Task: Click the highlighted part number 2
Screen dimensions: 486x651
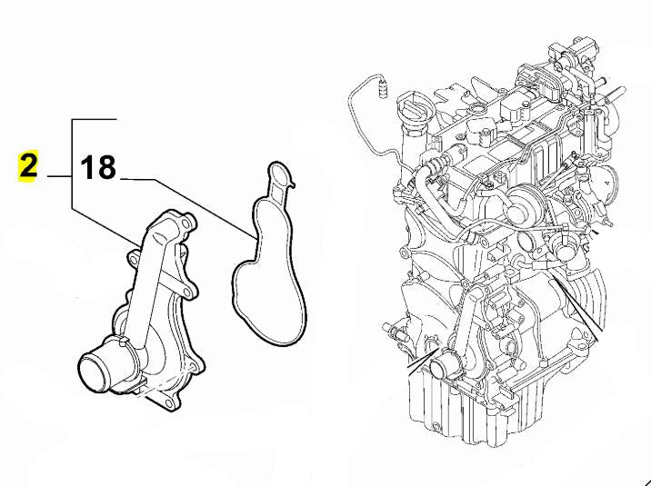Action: pyautogui.click(x=28, y=167)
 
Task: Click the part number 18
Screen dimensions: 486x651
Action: pyautogui.click(x=98, y=167)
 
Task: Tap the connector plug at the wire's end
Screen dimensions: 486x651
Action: pyautogui.click(x=381, y=88)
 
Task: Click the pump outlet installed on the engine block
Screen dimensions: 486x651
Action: pyautogui.click(x=444, y=366)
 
